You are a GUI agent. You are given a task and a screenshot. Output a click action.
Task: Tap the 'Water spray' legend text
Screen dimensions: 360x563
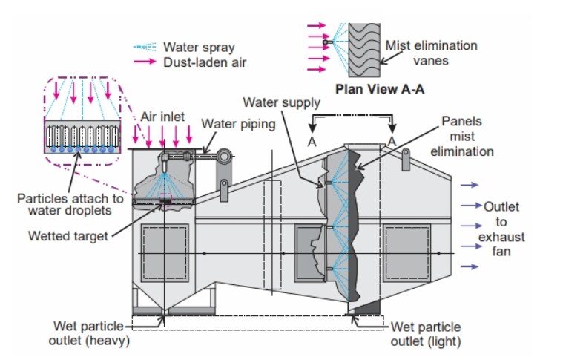pos(200,48)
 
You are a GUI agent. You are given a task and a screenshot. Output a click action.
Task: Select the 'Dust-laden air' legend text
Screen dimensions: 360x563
pos(205,62)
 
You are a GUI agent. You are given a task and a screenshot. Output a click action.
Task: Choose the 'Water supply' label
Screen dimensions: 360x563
pos(282,102)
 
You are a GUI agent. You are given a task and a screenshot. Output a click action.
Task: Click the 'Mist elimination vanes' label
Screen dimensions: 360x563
pos(431,53)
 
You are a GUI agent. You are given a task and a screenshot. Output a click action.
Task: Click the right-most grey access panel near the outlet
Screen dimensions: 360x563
pos(407,250)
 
